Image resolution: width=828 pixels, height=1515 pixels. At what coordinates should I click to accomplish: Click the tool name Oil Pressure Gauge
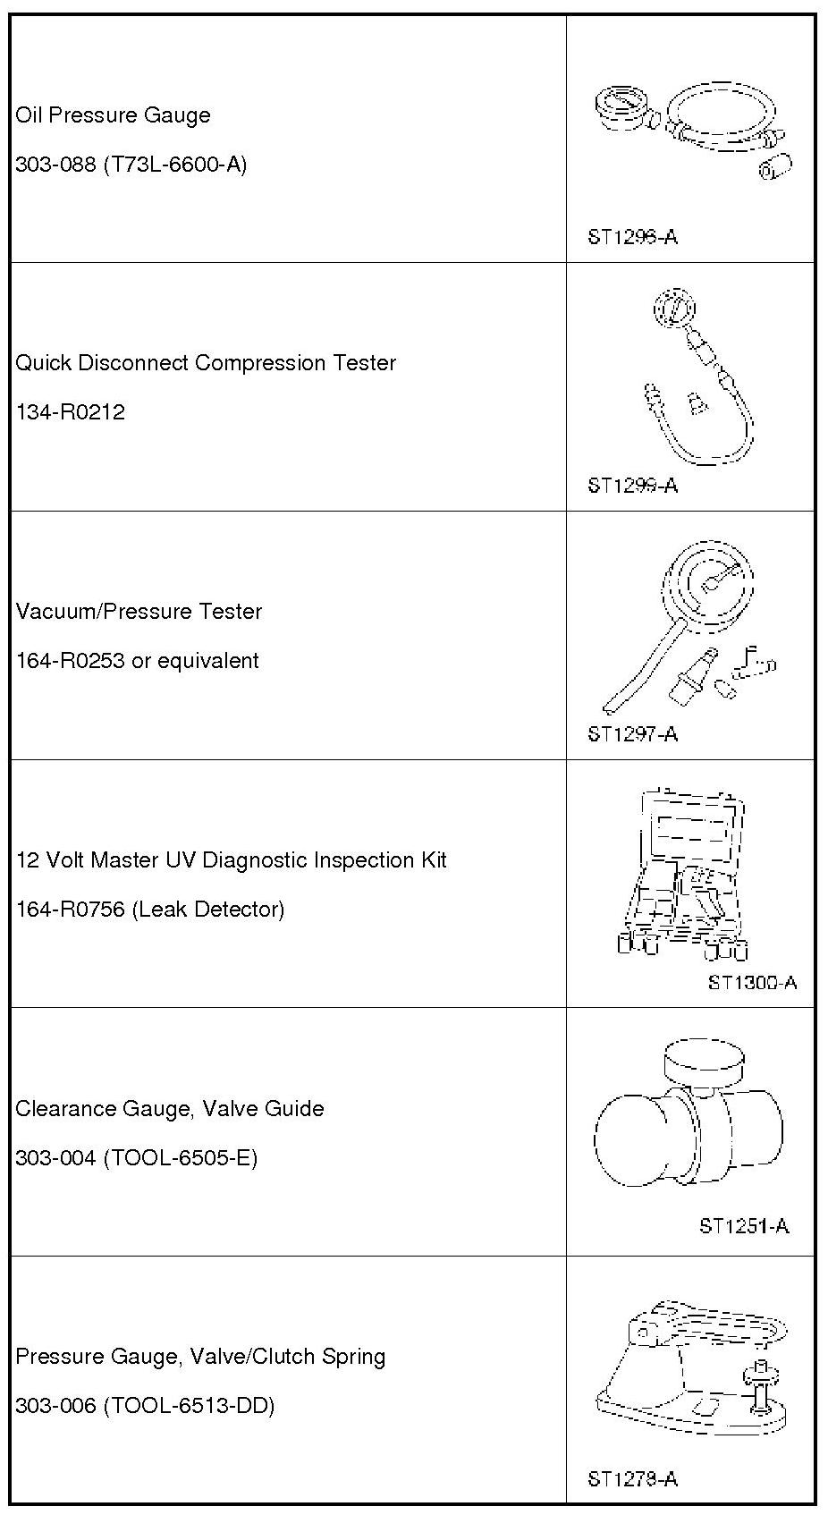point(114,115)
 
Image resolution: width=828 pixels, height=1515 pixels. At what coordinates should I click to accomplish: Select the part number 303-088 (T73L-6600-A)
point(131,165)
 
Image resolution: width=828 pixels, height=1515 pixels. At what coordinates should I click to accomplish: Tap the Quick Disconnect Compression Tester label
point(206,363)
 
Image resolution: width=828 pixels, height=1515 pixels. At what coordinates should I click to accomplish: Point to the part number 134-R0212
point(71,412)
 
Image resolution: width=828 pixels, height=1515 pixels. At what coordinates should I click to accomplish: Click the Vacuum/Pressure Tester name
point(139,612)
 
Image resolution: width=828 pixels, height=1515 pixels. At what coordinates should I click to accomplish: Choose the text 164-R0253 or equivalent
point(137,661)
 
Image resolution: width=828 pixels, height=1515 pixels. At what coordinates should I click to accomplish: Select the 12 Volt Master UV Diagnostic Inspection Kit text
point(231,860)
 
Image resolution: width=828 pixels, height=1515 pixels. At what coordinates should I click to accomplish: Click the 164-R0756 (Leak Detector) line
point(149,910)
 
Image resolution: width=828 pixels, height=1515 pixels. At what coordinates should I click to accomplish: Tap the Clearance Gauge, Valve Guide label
point(170,1109)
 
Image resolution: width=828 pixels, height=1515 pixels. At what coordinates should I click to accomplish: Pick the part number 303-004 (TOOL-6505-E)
point(136,1158)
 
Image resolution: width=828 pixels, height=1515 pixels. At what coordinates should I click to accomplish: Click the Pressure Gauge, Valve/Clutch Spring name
point(200,1357)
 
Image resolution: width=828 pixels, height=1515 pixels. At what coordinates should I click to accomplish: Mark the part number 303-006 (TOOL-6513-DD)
point(145,1406)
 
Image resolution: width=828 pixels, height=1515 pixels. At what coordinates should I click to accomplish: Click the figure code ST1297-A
point(632,734)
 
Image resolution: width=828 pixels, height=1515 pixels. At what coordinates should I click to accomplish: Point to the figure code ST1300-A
point(752,982)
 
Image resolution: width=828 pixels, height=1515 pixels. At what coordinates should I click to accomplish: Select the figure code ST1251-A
point(744,1225)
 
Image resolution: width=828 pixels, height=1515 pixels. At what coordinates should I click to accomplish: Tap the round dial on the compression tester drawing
point(673,309)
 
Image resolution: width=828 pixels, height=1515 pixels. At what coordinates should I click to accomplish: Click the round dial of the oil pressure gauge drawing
point(620,106)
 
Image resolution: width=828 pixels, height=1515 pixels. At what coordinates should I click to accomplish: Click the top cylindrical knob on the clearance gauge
point(703,1062)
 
